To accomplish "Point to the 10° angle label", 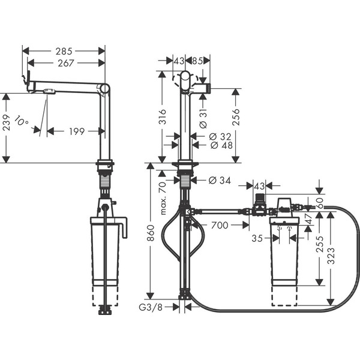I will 22,122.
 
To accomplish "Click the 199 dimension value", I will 75,130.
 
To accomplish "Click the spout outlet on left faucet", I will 49,91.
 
